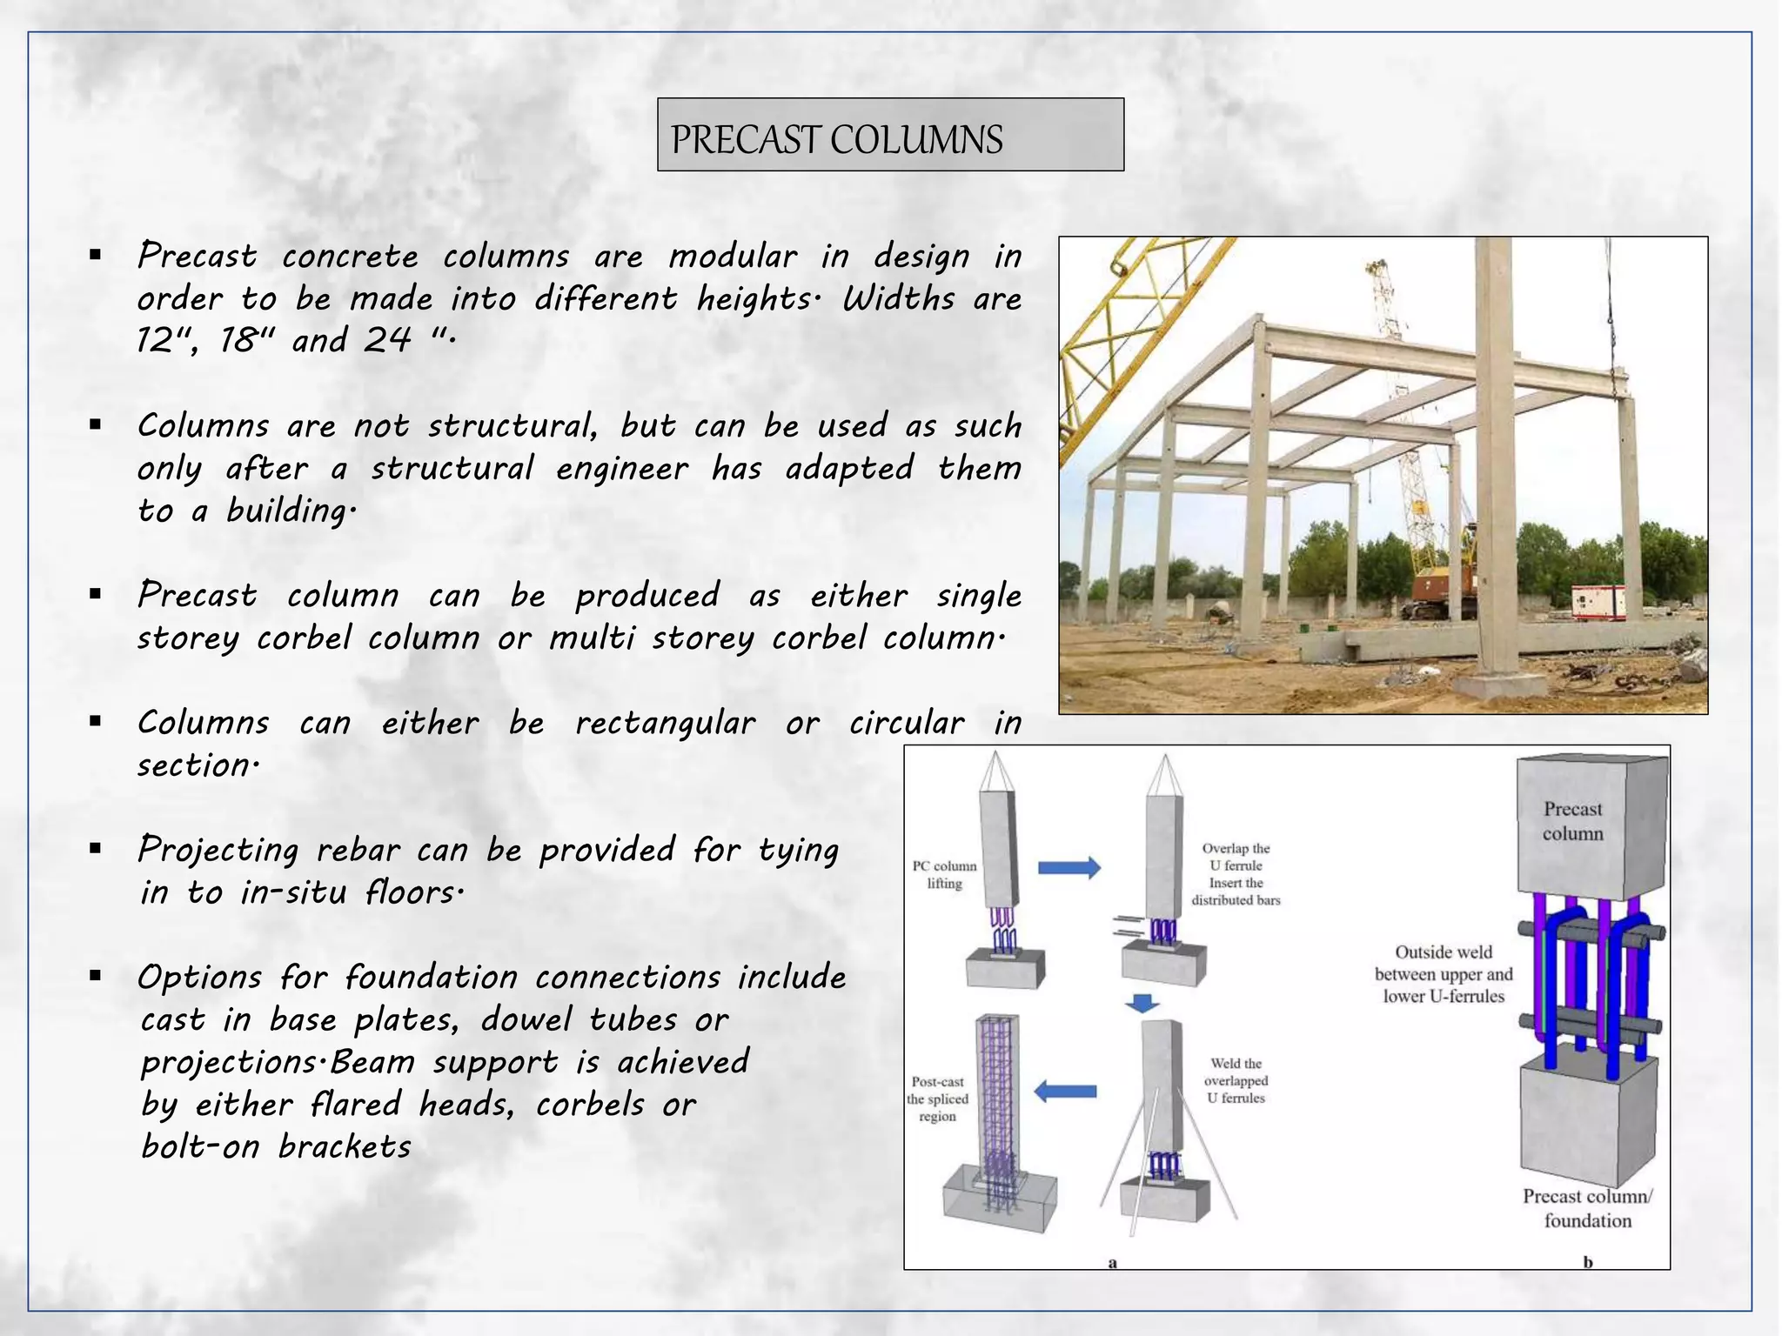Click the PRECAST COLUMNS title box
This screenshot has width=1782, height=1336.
tap(889, 135)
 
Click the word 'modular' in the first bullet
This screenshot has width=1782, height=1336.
tap(732, 257)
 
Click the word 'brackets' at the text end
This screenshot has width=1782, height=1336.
tap(345, 1147)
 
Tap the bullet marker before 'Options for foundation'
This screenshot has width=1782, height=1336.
tap(96, 976)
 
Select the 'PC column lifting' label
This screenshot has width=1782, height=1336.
tap(944, 875)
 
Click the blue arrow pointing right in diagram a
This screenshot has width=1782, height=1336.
tap(1069, 867)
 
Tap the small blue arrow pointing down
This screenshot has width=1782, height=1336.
tap(1142, 1003)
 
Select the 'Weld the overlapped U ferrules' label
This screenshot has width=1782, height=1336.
tap(1236, 1081)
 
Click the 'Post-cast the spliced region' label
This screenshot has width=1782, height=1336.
tap(937, 1099)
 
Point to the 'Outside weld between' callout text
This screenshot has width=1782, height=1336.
tap(1444, 974)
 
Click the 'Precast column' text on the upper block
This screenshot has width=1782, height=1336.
tap(1572, 821)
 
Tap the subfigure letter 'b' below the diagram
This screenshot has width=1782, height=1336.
tap(1587, 1262)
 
